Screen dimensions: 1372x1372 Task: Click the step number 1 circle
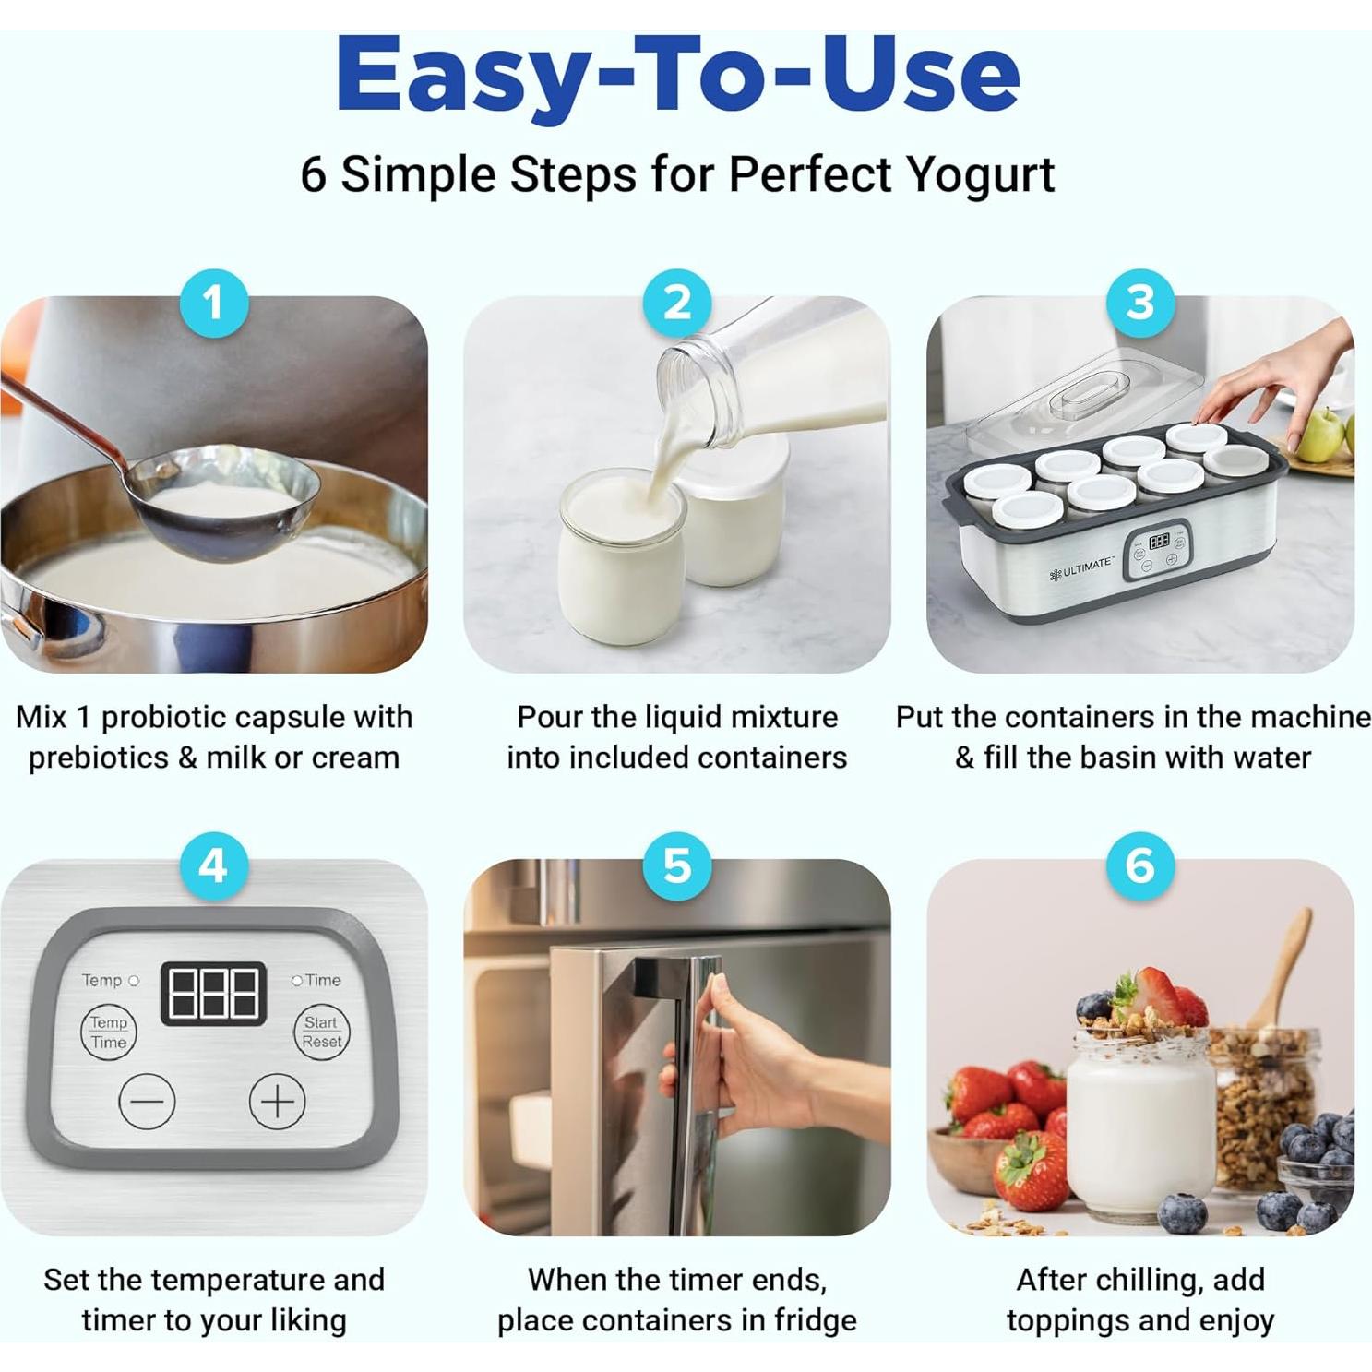tap(214, 303)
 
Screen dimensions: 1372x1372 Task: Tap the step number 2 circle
tap(677, 303)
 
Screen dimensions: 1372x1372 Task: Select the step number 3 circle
tap(1140, 303)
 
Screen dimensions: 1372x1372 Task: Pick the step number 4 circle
tap(214, 865)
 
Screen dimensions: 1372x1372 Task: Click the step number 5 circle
tap(677, 865)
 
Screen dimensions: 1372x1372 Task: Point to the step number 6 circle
tap(1140, 865)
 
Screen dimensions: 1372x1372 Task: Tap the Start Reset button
tap(321, 1032)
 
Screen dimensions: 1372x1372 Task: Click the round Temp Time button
tap(108, 1032)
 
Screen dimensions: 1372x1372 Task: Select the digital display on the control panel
tap(214, 993)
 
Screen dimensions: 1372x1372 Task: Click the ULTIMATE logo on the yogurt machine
tap(1081, 567)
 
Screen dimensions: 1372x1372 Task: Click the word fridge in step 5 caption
tap(816, 1320)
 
